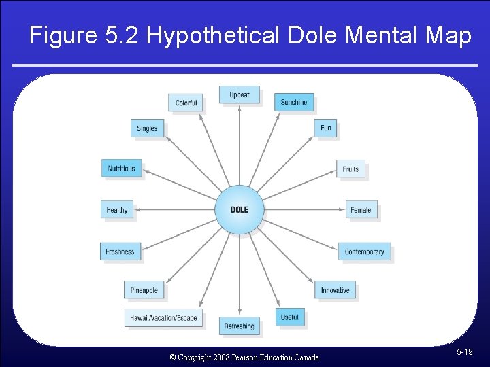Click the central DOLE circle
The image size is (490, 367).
(x=240, y=209)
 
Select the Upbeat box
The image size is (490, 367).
(x=240, y=94)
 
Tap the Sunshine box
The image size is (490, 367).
(x=294, y=102)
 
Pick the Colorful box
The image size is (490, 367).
(x=186, y=103)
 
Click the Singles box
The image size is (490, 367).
(x=147, y=128)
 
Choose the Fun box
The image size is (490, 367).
(x=326, y=128)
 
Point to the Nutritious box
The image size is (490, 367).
(x=122, y=168)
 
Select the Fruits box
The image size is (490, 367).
(x=350, y=169)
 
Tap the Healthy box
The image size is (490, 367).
(x=117, y=210)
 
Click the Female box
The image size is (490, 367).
(x=361, y=210)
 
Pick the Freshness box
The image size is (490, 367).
(x=120, y=251)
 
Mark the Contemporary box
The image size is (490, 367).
(x=364, y=251)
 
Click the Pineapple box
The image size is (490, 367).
(x=144, y=290)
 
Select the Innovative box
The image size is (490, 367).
(x=335, y=290)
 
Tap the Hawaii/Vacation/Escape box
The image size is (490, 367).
(x=164, y=317)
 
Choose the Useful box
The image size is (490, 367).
(x=289, y=317)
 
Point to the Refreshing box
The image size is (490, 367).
(x=240, y=326)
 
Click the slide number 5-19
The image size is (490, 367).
(x=465, y=351)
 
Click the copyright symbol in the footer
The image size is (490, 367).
(x=172, y=357)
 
